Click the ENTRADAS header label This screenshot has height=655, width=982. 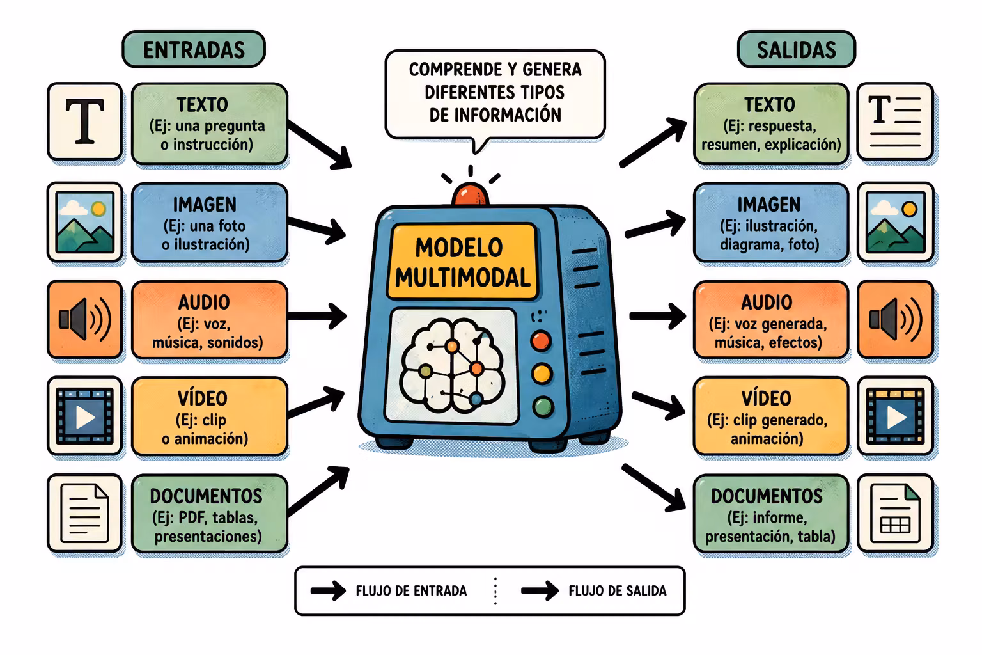[194, 49]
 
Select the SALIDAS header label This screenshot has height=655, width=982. [796, 49]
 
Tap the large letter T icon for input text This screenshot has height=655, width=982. [84, 122]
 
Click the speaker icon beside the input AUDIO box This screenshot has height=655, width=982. [84, 319]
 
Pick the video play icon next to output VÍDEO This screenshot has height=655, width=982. [895, 416]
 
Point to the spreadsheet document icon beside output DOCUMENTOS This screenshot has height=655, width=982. [895, 513]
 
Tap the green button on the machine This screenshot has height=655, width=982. [543, 407]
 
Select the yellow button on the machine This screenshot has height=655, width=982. [542, 374]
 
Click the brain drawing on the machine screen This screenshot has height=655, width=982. [451, 366]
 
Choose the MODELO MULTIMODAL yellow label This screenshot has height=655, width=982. [462, 262]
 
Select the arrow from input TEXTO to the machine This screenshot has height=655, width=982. [320, 145]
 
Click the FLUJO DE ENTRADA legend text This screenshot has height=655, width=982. [411, 591]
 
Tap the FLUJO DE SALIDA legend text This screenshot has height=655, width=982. [617, 591]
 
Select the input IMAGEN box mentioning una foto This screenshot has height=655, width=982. [210, 223]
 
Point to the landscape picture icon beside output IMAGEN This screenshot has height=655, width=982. [895, 222]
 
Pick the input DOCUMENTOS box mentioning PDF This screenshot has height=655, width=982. [210, 513]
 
